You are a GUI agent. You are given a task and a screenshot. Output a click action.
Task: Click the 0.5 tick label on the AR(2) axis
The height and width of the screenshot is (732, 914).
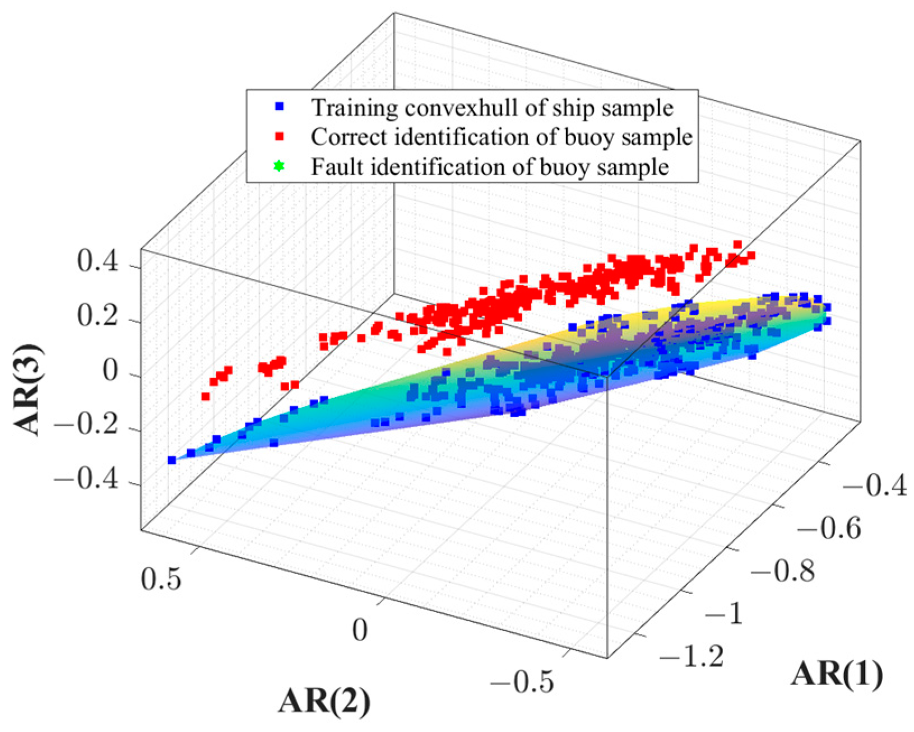[x=161, y=579]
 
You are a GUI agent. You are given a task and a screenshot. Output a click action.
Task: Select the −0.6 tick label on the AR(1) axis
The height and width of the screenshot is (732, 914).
[x=828, y=528]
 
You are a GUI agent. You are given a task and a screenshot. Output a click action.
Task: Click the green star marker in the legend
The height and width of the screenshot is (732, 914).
[x=279, y=166]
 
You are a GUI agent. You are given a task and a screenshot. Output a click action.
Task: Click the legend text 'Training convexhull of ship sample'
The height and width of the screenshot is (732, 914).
[x=492, y=108]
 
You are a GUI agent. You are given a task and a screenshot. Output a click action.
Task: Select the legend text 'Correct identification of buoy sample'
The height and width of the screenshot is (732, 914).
[x=502, y=137]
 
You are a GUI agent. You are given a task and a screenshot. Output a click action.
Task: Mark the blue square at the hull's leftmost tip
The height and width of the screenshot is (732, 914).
[x=172, y=460]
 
